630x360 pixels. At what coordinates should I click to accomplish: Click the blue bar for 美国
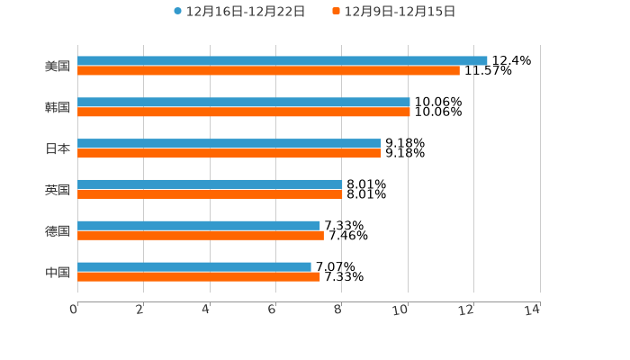coord(283,60)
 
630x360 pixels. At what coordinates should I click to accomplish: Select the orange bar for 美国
coord(268,70)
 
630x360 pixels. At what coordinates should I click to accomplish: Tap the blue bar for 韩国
coord(243,102)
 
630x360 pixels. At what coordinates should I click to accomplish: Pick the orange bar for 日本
coord(229,153)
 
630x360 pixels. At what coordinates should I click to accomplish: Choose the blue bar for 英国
coord(210,184)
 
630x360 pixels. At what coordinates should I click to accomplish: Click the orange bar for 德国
coord(201,236)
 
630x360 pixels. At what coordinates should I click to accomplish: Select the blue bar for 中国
coord(194,266)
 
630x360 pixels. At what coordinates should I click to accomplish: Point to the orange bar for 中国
coord(199,276)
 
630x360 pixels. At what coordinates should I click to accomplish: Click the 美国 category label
coord(58,66)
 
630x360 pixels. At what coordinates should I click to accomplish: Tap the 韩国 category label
coord(58,107)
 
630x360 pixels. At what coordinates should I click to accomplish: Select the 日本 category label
coord(58,148)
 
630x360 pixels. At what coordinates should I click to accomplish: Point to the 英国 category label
coord(58,190)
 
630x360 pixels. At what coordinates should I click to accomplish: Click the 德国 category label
coord(58,230)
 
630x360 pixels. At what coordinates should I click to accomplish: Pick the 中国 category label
coord(58,272)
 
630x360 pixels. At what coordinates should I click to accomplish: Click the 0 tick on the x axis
coord(75,310)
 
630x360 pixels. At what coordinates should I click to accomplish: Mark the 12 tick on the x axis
coord(467,310)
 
